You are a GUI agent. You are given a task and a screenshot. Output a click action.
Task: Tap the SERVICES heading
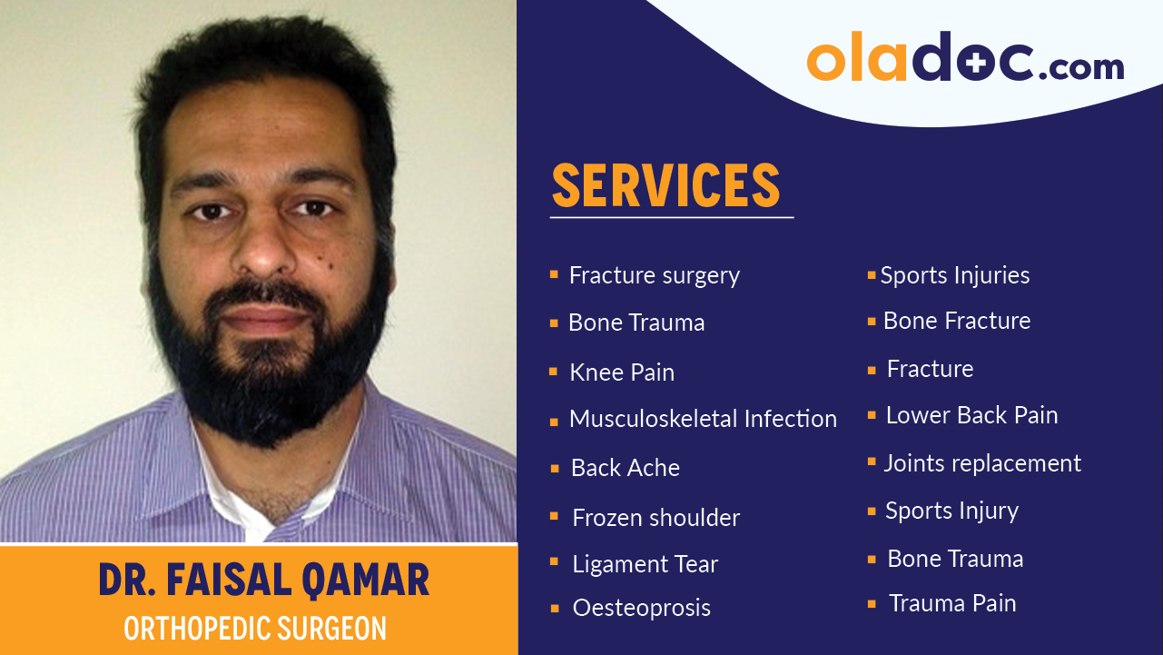[x=665, y=185]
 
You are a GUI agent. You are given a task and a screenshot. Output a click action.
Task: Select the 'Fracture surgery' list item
[x=654, y=275]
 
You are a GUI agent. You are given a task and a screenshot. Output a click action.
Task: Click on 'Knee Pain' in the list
[x=621, y=372]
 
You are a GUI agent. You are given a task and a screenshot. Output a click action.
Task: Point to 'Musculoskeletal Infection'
[x=702, y=419]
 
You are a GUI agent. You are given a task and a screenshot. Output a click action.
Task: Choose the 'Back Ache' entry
[x=625, y=468]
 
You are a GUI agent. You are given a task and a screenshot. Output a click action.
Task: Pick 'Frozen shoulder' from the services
[x=655, y=518]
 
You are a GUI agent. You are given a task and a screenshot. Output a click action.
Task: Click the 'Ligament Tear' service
[x=645, y=564]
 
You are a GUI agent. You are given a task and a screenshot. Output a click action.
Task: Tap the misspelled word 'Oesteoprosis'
[x=641, y=608]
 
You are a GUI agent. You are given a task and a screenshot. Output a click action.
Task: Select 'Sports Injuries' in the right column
[x=954, y=275]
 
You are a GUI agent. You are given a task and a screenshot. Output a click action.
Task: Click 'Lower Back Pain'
[x=971, y=415]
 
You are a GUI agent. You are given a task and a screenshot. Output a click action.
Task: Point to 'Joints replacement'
[x=982, y=463]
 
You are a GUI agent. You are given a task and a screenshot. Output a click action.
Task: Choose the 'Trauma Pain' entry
[x=951, y=603]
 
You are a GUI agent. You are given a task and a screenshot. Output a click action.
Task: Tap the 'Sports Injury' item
[x=951, y=511]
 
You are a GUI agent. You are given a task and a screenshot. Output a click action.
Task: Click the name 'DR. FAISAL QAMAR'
[x=263, y=580]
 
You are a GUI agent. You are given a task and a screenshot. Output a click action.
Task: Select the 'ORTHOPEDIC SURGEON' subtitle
[x=255, y=629]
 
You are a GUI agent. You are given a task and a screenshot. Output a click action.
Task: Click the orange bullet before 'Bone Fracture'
[x=872, y=321]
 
